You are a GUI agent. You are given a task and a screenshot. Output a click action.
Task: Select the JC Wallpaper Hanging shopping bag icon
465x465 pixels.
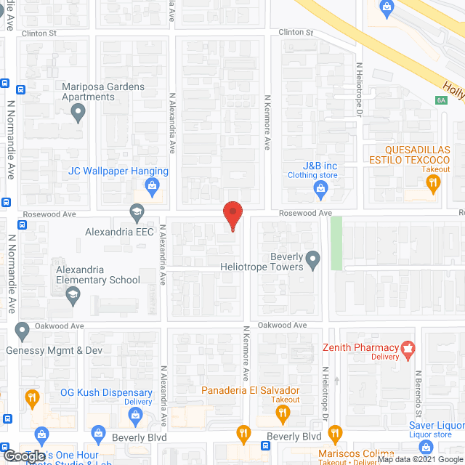(152, 188)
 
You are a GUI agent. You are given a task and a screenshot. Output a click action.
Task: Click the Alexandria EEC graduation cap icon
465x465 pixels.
(136, 213)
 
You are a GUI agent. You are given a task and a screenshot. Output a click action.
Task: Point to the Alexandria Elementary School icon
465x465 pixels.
(73, 295)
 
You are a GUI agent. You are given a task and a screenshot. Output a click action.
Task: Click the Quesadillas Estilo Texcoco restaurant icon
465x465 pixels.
(434, 184)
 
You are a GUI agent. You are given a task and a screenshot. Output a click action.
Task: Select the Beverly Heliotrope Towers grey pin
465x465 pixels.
(312, 258)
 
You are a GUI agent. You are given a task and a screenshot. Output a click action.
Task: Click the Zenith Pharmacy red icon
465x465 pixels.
(408, 348)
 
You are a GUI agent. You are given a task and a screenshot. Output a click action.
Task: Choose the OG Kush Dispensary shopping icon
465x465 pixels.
(134, 415)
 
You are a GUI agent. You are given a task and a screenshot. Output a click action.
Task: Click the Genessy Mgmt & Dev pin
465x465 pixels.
(22, 333)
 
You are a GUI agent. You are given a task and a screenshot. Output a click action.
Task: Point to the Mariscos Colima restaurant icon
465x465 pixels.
(335, 435)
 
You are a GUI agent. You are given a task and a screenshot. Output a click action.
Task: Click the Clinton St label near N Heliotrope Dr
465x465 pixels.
(296, 33)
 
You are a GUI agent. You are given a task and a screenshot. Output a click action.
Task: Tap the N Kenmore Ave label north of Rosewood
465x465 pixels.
(267, 122)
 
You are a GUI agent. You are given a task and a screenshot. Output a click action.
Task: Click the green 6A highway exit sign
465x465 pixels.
(441, 101)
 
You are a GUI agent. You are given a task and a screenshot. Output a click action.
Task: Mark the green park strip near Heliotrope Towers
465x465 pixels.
(336, 242)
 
